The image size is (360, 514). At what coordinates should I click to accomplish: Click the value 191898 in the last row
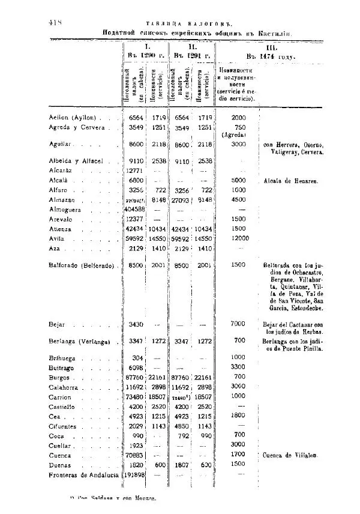[136, 475]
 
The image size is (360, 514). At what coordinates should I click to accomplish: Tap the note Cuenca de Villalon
[291, 455]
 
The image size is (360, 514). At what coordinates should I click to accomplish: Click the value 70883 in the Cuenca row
[134, 455]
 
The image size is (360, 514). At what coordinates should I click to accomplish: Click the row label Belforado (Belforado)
[81, 265]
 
